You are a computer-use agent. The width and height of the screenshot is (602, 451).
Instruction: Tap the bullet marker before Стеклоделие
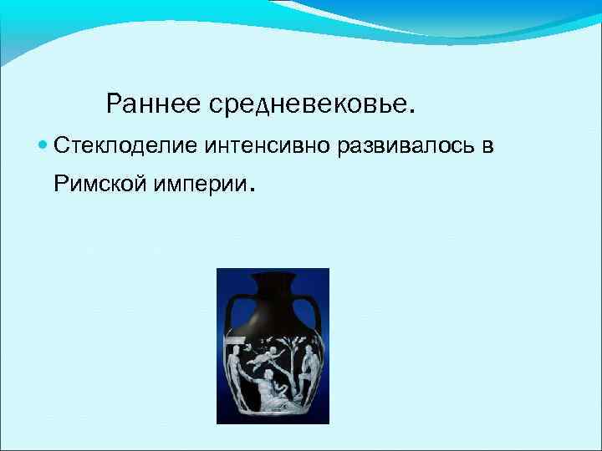point(43,146)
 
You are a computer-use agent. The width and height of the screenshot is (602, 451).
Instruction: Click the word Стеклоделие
point(124,146)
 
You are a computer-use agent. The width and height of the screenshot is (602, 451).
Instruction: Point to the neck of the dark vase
point(274,288)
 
